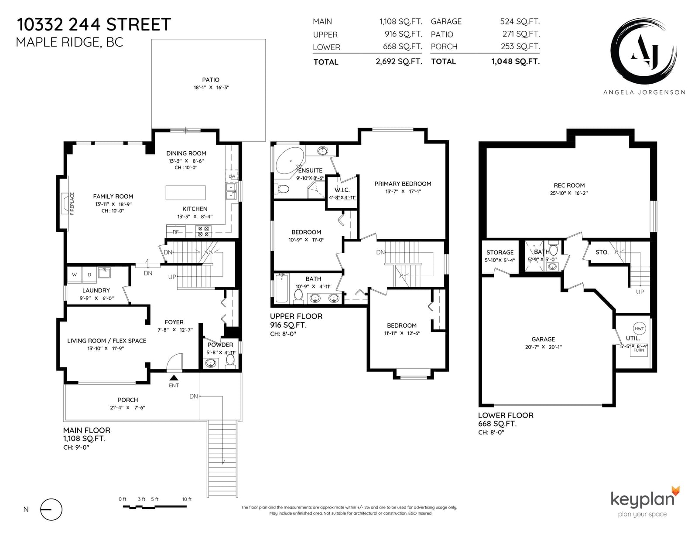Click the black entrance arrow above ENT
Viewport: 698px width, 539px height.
(174, 378)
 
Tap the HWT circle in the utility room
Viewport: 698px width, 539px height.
(639, 329)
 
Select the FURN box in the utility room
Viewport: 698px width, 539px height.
(639, 350)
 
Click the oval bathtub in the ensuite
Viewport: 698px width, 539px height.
(290, 161)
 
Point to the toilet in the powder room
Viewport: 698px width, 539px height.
(230, 361)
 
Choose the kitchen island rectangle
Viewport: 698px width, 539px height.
(186, 193)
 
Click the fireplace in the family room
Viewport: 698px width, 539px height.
(65, 203)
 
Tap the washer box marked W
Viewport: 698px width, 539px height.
(75, 275)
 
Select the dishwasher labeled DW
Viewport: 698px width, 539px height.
(232, 176)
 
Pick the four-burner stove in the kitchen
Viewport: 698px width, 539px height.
(203, 231)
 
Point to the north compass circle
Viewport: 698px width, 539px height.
(51, 509)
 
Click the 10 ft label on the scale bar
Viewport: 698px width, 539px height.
(187, 499)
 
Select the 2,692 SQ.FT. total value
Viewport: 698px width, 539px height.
(399, 61)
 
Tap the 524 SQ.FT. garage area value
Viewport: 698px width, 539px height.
(520, 21)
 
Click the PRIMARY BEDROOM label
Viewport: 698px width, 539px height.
(403, 183)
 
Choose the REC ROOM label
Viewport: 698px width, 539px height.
(569, 185)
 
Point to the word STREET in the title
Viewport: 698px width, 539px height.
(138, 25)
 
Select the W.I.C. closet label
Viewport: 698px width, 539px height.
(342, 190)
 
